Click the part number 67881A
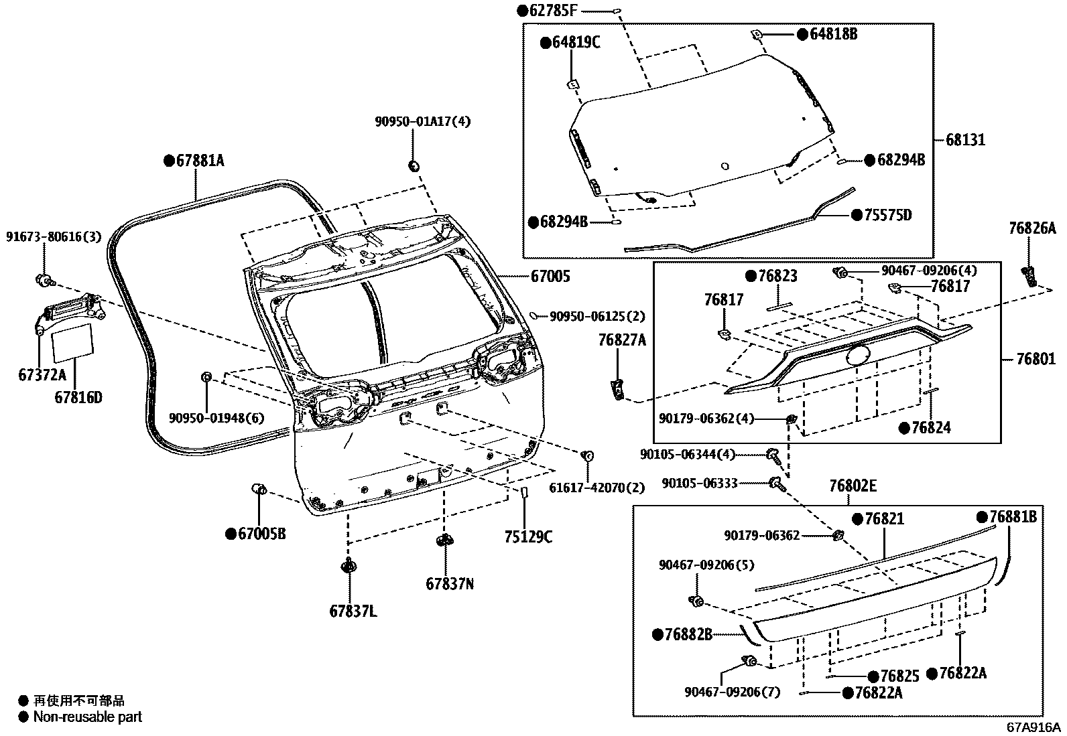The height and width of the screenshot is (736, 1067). coord(200,161)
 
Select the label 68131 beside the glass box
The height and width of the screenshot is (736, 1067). coord(966,140)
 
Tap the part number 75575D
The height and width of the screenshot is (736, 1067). coord(887,215)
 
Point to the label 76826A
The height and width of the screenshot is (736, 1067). coord(1031,229)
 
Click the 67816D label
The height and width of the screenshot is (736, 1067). coord(78,398)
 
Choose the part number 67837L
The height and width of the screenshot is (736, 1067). coord(353,611)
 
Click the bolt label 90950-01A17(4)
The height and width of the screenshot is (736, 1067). coord(422,122)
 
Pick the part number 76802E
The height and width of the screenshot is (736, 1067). coord(852,486)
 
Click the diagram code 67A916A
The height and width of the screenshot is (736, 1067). coord(1033,727)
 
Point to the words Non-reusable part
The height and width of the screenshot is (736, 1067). coord(88,717)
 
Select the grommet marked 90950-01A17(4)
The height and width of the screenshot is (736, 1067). coord(414,165)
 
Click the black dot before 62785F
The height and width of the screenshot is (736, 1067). coord(523,10)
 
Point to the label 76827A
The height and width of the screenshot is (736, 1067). coord(622,341)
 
